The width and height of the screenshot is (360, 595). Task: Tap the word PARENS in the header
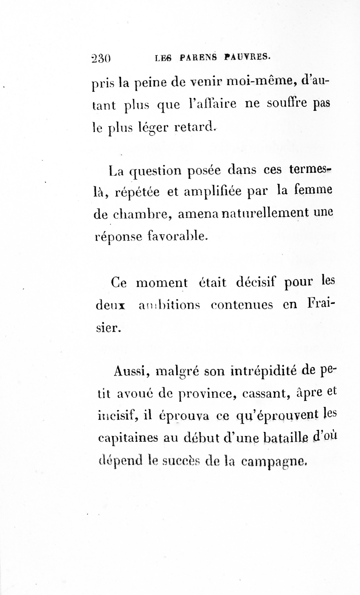tap(198, 57)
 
